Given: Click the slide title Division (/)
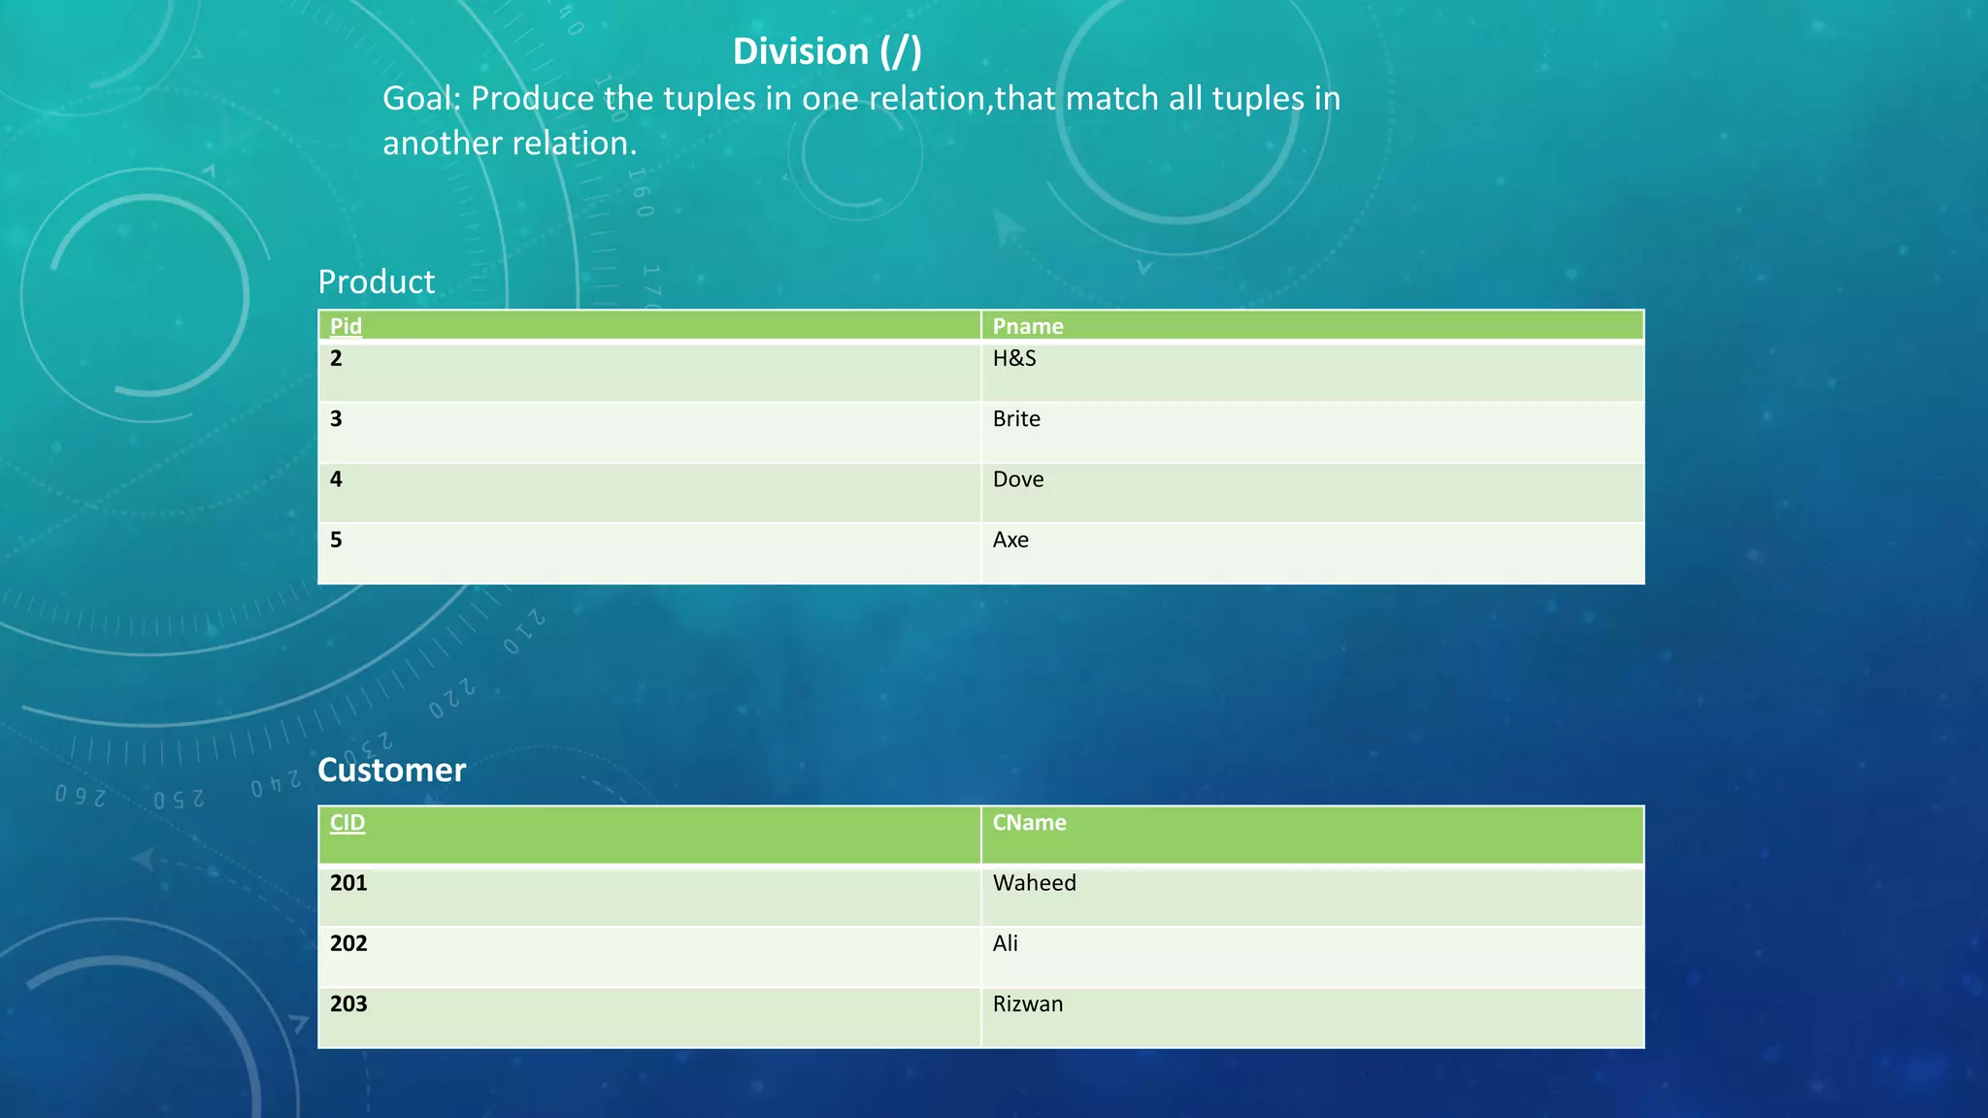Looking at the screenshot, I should coord(827,51).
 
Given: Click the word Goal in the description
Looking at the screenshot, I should coord(418,99).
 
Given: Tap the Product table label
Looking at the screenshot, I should coord(377,281).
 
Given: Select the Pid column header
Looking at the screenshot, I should coord(346,326).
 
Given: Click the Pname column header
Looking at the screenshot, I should coord(1028,326).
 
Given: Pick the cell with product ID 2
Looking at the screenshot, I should coord(336,359).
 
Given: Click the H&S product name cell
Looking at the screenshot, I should coord(1014,359).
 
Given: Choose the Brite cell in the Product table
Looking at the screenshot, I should coord(1016,419).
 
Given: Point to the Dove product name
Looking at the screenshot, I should coord(1018,479).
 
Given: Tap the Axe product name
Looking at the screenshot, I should coord(1011,540).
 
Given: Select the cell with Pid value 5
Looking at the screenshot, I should coord(336,540).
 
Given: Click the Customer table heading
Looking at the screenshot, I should coord(392,770).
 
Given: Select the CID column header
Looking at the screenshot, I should coord(348,823).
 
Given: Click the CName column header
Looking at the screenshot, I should coord(1029,823).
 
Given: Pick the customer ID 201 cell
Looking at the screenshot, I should coord(348,883).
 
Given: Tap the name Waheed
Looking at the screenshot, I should coord(1034,883).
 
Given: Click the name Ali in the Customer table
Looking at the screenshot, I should coord(1006,943).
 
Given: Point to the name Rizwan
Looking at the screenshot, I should coord(1028,1003).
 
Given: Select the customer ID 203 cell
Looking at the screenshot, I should coord(348,1003).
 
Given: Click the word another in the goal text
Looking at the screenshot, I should coord(442,144).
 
